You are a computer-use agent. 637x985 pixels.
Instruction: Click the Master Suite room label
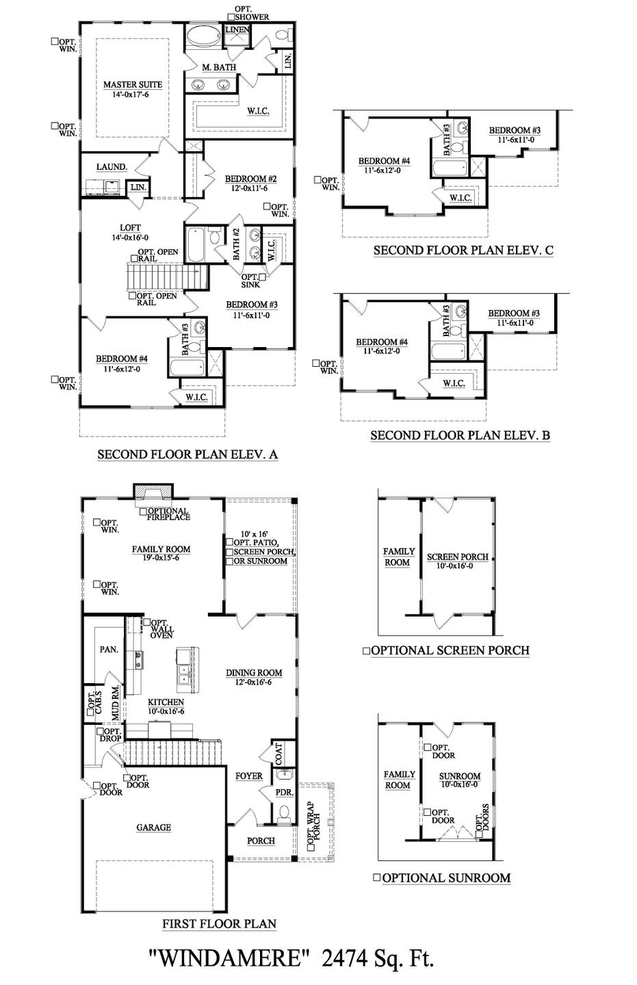[133, 84]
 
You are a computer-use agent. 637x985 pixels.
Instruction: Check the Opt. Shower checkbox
[231, 17]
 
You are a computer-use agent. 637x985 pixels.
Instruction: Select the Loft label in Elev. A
[130, 228]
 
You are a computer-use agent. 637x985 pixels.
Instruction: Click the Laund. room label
[112, 166]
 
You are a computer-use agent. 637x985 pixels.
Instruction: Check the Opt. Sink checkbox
[263, 277]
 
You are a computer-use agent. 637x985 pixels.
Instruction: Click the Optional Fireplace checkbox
[143, 511]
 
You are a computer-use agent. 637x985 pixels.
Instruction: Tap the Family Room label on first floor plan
[161, 549]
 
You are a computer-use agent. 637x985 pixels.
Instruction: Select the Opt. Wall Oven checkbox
[147, 622]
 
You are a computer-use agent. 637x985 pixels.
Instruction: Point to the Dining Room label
[254, 672]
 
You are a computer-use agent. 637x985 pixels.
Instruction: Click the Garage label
[153, 827]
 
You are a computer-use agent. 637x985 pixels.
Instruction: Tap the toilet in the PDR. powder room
[284, 813]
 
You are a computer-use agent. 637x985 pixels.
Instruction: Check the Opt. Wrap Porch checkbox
[311, 845]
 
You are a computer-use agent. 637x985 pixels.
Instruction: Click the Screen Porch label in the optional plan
[458, 557]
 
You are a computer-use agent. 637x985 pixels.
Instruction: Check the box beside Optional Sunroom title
[377, 878]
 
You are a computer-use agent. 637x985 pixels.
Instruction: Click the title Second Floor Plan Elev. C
[463, 251]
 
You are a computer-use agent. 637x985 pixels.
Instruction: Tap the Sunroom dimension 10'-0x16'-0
[459, 784]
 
